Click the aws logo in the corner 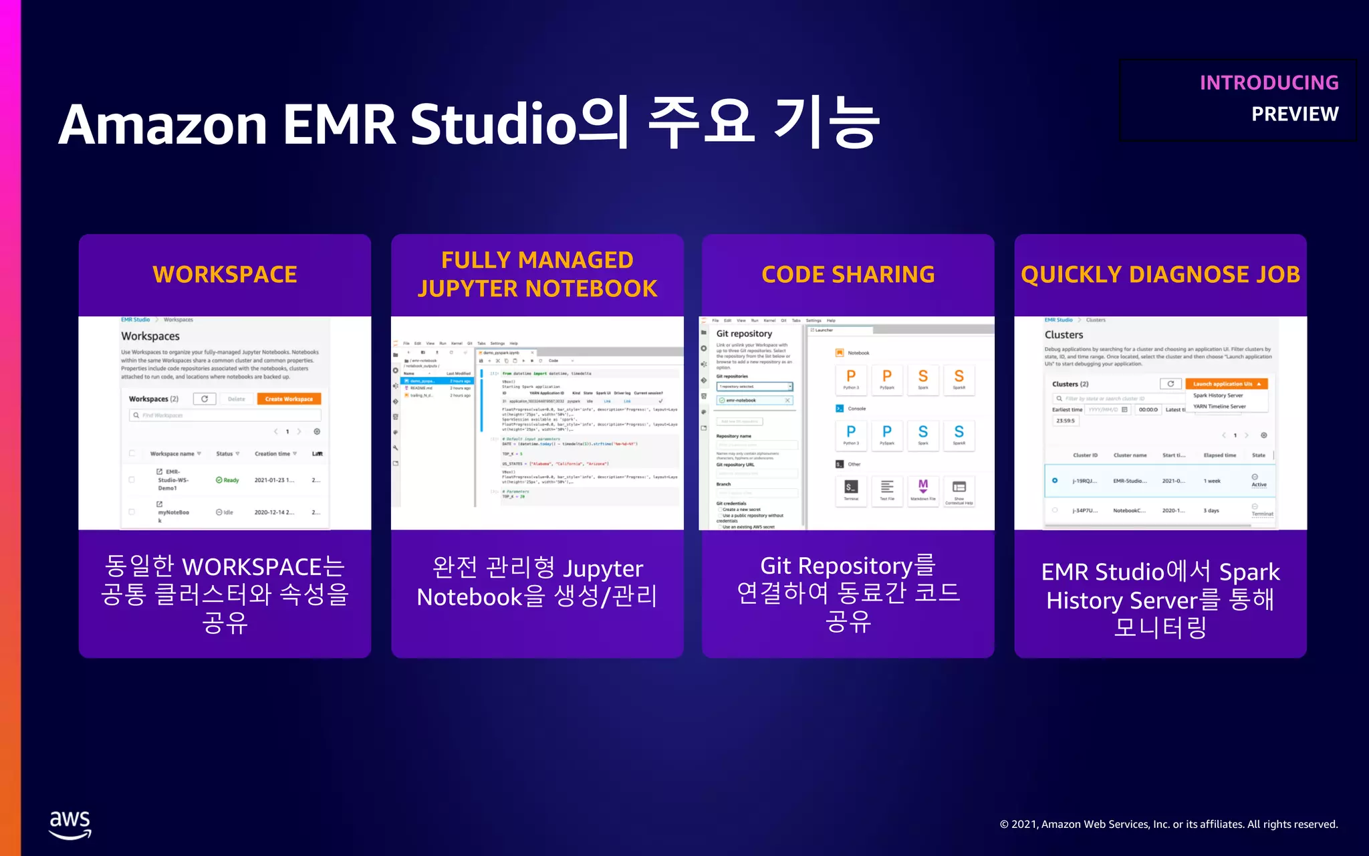pos(70,824)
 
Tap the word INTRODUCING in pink pos(1269,83)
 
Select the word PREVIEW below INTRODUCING pos(1295,114)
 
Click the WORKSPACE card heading pos(225,274)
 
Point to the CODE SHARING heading pos(848,274)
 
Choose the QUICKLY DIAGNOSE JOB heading pos(1160,274)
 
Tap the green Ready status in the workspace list pos(228,480)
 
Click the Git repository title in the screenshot pos(744,334)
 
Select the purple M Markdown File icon pos(923,486)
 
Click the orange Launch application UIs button pos(1226,384)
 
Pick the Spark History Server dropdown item pos(1218,395)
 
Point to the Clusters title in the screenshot pos(1064,335)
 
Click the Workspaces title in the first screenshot pos(150,336)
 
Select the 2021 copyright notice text pos(1168,825)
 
